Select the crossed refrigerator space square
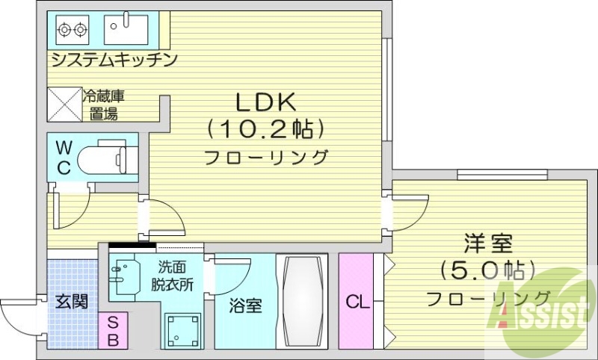coord(64,104)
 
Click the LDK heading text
coord(267,101)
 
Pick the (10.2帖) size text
coord(267,129)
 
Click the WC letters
coord(64,157)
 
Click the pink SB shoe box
coord(112,331)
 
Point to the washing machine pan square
coord(183,326)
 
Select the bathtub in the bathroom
coord(302,300)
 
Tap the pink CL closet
coord(357,302)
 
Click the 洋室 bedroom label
coord(487,243)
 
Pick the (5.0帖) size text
coord(487,269)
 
